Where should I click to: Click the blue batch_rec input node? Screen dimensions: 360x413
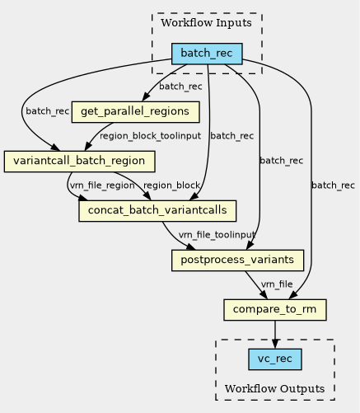pyautogui.click(x=207, y=54)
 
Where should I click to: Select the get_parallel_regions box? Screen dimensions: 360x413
pyautogui.click(x=135, y=112)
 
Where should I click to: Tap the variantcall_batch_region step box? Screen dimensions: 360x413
pyautogui.click(x=79, y=162)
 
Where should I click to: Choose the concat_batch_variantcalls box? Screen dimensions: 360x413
pyautogui.click(x=157, y=211)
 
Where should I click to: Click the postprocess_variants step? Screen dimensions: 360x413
pyautogui.click(x=237, y=260)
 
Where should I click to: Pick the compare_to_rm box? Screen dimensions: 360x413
pyautogui.click(x=275, y=310)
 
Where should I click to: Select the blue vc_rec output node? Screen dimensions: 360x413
pyautogui.click(x=275, y=359)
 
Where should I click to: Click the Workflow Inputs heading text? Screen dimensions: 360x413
pyautogui.click(x=206, y=23)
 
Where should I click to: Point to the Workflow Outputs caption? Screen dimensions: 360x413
pyautogui.click(x=274, y=389)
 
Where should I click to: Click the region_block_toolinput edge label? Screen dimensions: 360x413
pyautogui.click(x=150, y=136)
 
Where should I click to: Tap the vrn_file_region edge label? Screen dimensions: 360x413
pyautogui.click(x=102, y=185)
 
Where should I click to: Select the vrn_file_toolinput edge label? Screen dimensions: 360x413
pyautogui.click(x=217, y=235)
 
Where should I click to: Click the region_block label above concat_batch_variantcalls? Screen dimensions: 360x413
pyautogui.click(x=171, y=185)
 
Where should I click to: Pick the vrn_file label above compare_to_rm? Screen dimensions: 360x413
pyautogui.click(x=277, y=284)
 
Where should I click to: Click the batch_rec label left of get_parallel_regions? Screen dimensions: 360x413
pyautogui.click(x=48, y=111)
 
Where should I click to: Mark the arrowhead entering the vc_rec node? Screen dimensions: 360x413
pyautogui.click(x=275, y=344)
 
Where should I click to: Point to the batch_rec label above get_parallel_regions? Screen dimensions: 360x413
pyautogui.click(x=180, y=87)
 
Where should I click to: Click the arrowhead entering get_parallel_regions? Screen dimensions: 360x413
pyautogui.click(x=146, y=97)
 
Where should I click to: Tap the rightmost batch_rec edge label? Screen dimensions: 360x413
pyautogui.click(x=333, y=185)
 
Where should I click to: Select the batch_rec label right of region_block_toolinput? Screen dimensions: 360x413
pyautogui.click(x=232, y=136)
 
